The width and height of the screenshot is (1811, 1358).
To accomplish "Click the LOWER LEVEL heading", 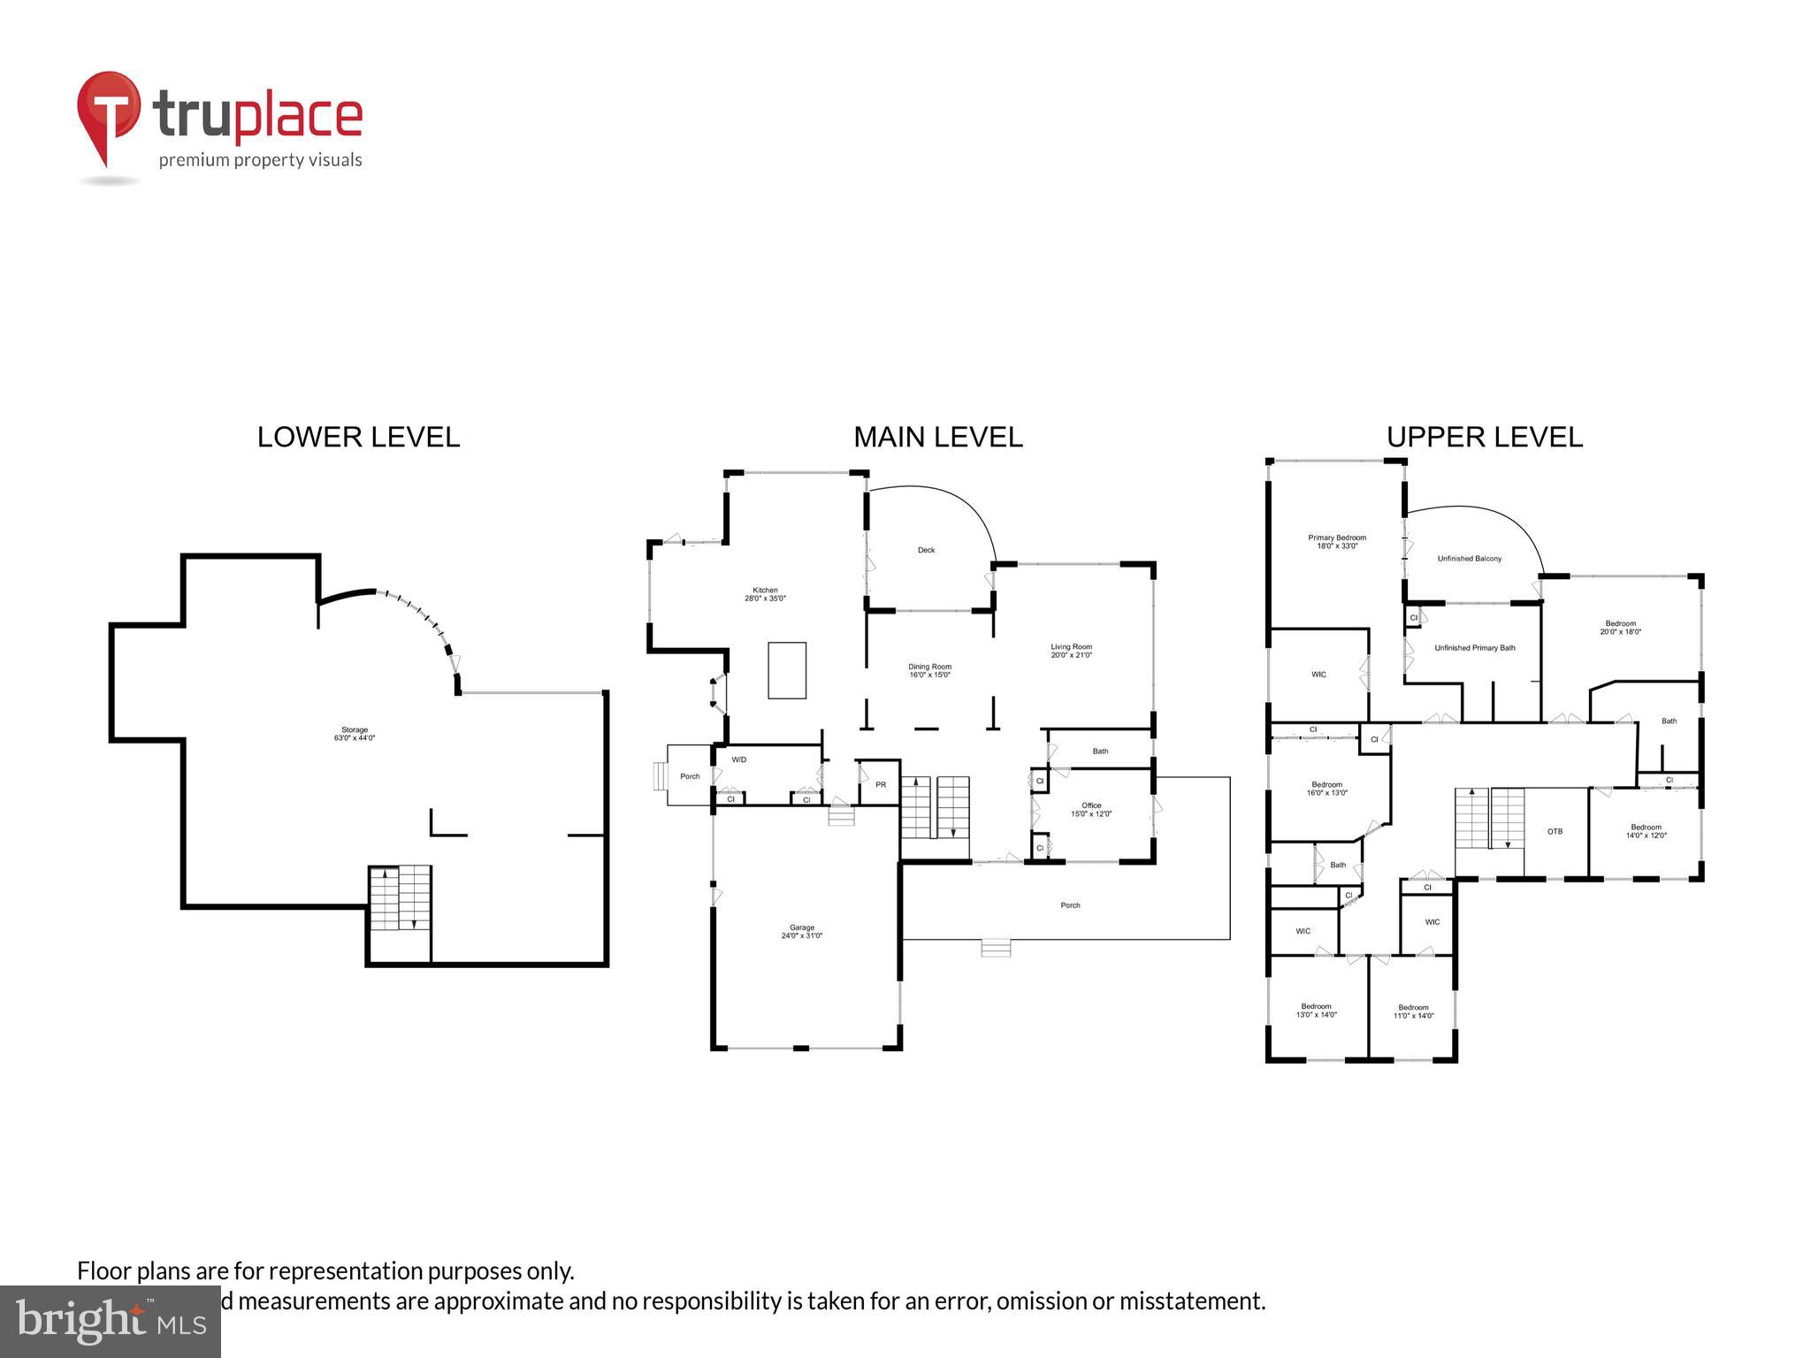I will click(x=358, y=437).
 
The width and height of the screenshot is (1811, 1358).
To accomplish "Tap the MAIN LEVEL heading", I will click(x=937, y=437).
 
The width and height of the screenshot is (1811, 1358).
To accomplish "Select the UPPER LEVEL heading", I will click(x=1484, y=437).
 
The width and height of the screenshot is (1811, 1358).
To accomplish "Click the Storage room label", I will click(x=355, y=734).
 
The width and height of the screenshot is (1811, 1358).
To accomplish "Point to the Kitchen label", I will click(x=765, y=594).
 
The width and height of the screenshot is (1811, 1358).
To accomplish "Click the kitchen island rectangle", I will click(x=787, y=670).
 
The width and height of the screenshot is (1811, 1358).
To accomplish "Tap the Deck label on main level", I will click(x=926, y=550).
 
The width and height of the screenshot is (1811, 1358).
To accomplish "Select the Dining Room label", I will click(x=929, y=670).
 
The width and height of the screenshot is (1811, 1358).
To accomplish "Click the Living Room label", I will click(x=1071, y=651).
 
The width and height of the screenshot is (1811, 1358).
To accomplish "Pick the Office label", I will click(x=1091, y=809).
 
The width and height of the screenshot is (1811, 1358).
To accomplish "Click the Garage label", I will click(x=802, y=931).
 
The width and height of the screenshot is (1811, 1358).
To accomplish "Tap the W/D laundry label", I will click(x=738, y=759).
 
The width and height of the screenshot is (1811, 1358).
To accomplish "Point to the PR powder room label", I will click(x=881, y=784).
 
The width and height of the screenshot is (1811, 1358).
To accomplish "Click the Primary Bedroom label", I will click(x=1337, y=541).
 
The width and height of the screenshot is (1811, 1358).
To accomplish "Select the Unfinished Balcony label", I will click(x=1469, y=559).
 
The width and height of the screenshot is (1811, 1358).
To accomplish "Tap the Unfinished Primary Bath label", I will click(x=1474, y=648).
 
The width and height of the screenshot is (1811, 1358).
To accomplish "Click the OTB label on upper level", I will click(x=1555, y=831).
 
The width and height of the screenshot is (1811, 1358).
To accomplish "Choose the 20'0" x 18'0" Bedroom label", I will click(x=1620, y=627).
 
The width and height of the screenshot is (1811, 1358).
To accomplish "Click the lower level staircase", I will click(x=400, y=897).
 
